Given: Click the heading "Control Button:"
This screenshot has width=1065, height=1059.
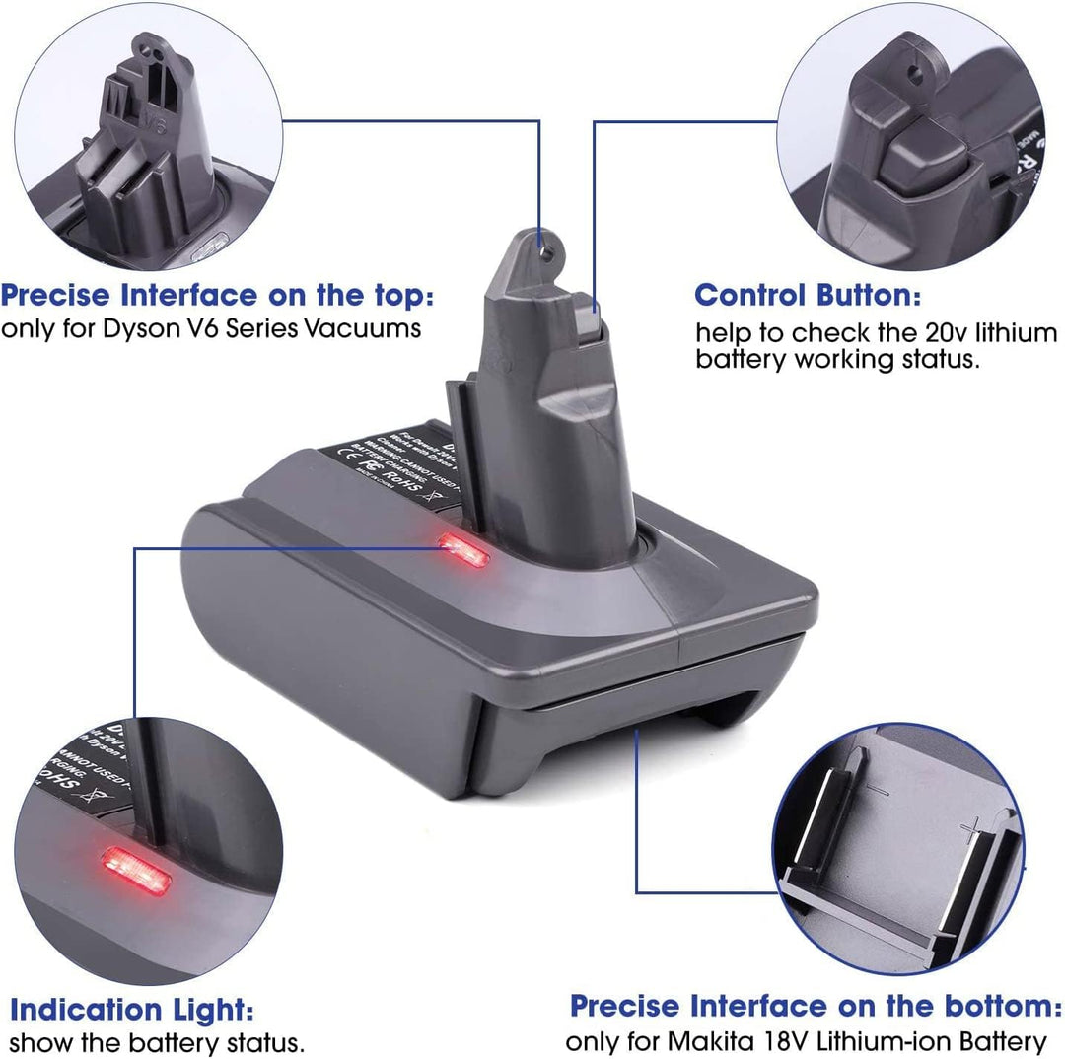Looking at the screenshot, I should (808, 295).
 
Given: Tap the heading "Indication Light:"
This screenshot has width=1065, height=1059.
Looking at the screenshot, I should (131, 1009).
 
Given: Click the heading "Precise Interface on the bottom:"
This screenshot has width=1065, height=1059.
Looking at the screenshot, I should (815, 1006).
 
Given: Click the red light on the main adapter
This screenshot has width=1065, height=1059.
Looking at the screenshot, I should (464, 548).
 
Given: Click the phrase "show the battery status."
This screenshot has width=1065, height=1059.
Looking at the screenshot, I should (157, 1041).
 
